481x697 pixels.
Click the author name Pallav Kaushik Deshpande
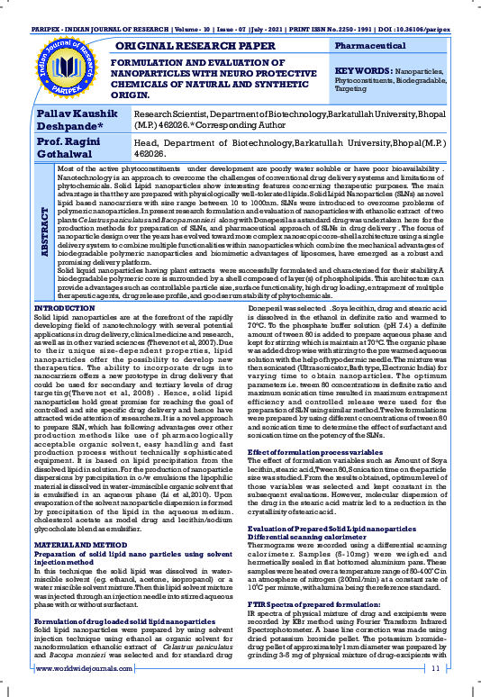click(76, 121)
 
